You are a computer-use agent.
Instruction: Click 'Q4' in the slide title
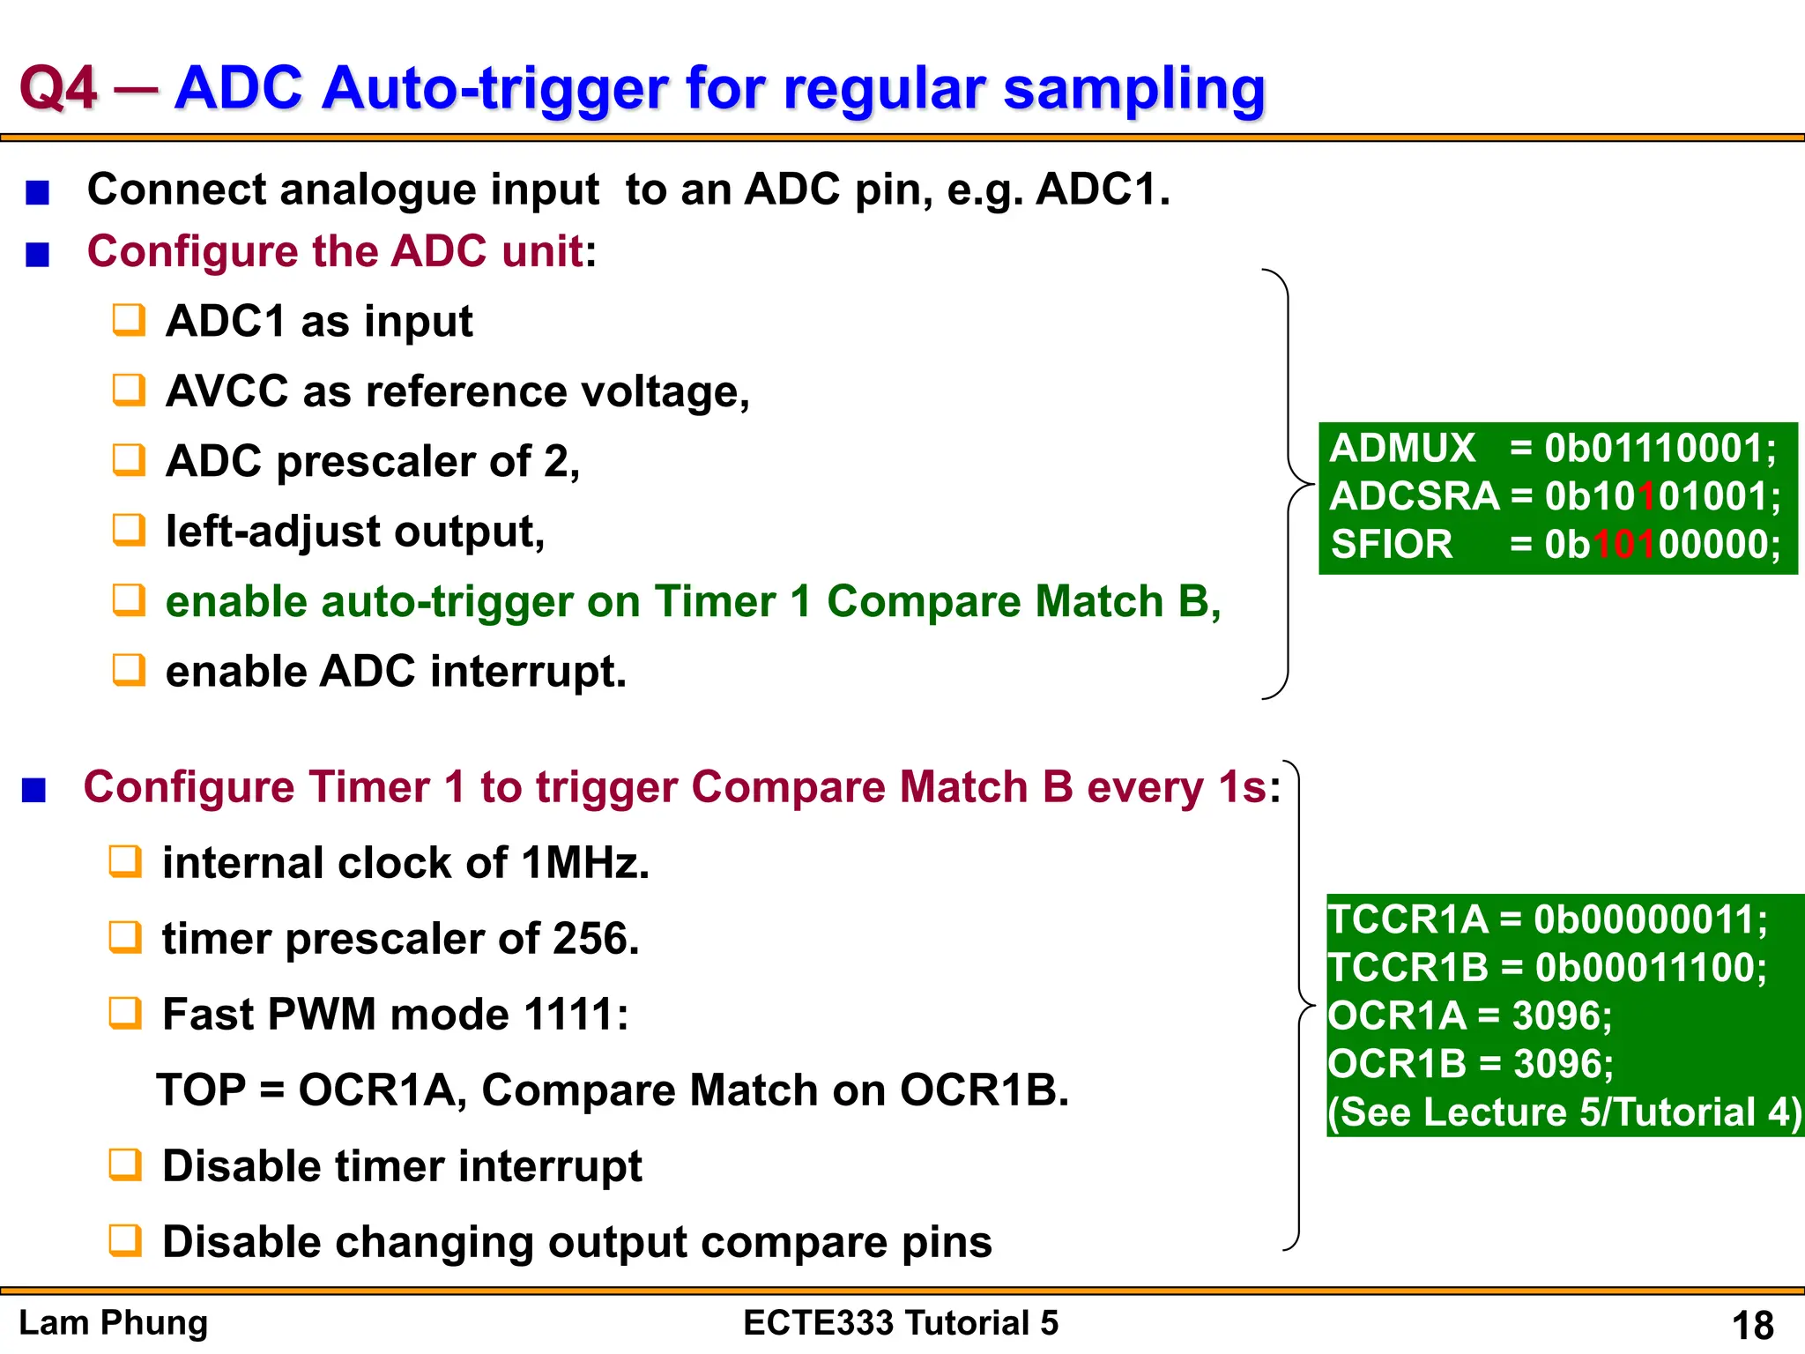click(x=58, y=89)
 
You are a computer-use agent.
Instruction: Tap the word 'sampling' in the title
click(x=1134, y=89)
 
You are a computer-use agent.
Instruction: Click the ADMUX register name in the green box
click(x=1401, y=449)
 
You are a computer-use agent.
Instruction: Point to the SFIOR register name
click(x=1391, y=545)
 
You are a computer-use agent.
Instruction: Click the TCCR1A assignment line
click(x=1547, y=920)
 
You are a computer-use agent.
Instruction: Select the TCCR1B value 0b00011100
click(x=1650, y=968)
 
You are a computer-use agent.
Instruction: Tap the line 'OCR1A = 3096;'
click(x=1469, y=1015)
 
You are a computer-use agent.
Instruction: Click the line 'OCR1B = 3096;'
click(x=1469, y=1064)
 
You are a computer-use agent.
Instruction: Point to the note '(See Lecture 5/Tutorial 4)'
click(x=1564, y=1112)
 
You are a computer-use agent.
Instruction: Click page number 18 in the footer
click(x=1752, y=1325)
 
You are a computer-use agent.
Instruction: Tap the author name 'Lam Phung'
click(x=113, y=1323)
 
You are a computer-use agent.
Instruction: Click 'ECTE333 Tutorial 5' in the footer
click(x=900, y=1323)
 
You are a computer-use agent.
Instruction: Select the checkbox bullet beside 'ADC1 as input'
click(x=129, y=321)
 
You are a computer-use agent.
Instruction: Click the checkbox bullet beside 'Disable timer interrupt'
click(x=125, y=1165)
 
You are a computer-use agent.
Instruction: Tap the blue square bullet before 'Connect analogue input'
click(x=37, y=192)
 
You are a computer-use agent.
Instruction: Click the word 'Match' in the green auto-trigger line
click(x=1100, y=602)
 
